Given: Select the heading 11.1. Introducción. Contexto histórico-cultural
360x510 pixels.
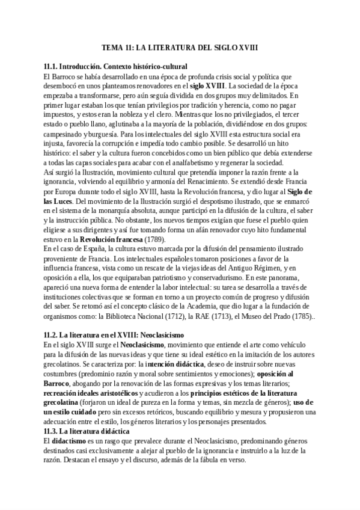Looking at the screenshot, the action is point(115,66).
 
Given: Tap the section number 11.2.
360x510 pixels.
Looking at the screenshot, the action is point(53,334).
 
